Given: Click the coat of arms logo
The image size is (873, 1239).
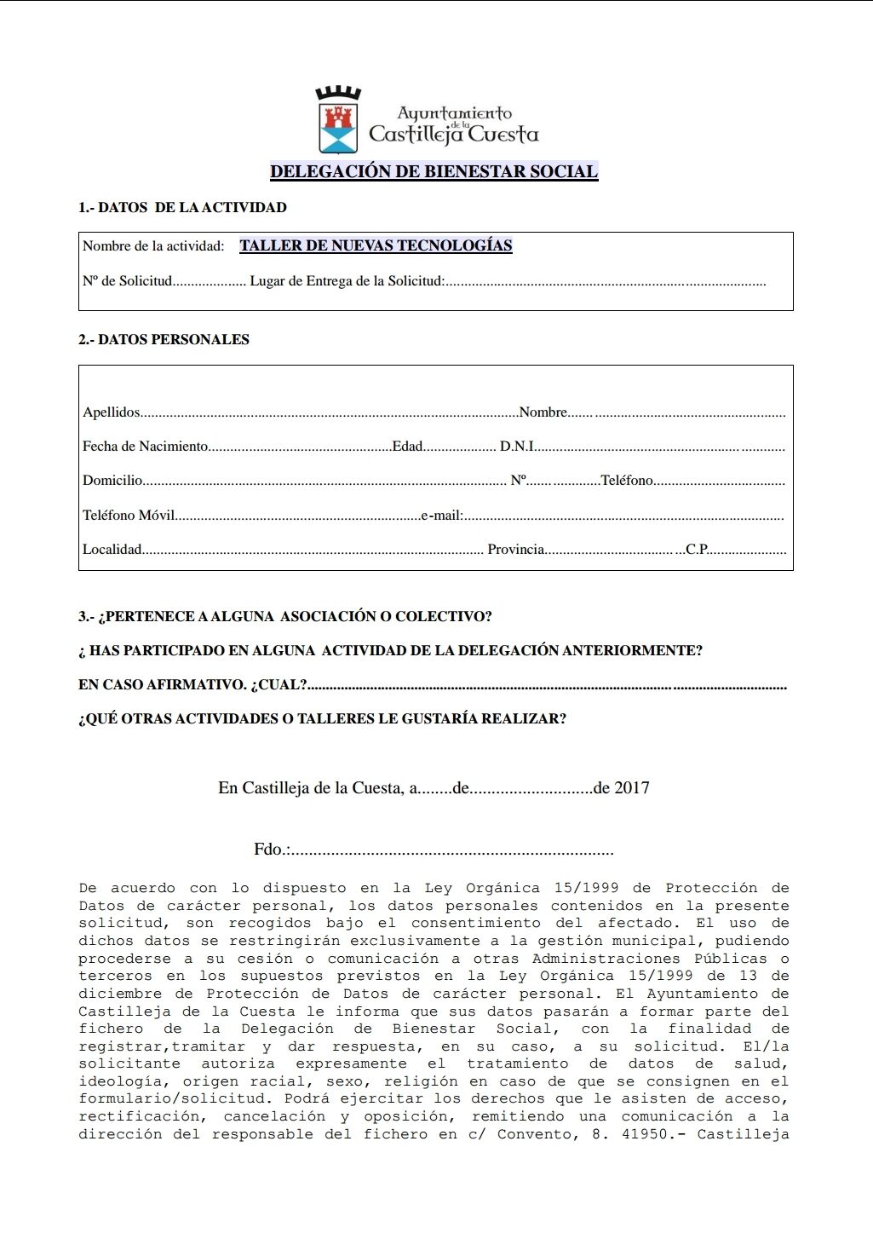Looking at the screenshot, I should coord(338,120).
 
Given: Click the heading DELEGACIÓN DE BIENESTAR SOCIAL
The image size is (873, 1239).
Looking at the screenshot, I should coord(434,171).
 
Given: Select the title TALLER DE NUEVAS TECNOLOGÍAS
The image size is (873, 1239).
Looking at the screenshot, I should coord(376,246).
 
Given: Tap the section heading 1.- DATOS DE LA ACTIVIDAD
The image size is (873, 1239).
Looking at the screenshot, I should coord(182,207).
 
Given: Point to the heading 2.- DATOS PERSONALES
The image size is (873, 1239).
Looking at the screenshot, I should coord(164,339).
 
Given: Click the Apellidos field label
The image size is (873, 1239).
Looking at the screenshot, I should coord(111,412).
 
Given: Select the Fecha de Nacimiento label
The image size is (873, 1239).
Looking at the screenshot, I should coord(145,447).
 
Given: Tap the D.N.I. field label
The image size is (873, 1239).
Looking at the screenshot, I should coord(516,447).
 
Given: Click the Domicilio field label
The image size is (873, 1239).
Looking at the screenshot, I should coord(112,481).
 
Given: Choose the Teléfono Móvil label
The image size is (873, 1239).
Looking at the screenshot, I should coord(128,516).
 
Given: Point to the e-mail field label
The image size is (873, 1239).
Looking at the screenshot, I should coord(441,516).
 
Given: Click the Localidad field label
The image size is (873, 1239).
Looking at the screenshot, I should coord(112,550).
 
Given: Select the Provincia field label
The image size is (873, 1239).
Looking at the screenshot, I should coord(515,550).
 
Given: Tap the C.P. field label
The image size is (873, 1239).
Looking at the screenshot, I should coord(697,550).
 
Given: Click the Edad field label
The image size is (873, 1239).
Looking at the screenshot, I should coord(407,447).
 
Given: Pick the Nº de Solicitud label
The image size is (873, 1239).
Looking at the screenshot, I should coord(127,281).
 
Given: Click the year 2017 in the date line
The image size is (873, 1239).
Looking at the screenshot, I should coord(631,788).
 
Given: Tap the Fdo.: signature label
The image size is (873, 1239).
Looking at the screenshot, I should coord(271,850).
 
